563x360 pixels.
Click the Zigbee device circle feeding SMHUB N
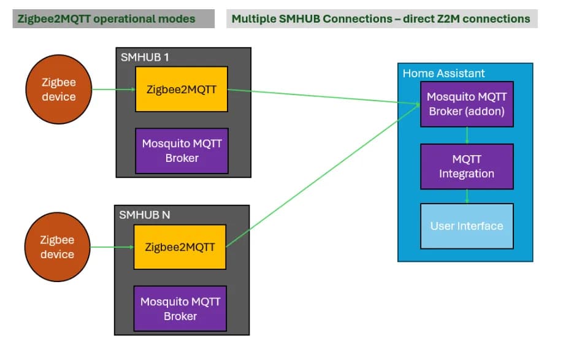[x=57, y=247]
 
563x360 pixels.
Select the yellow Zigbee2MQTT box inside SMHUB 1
[x=181, y=89]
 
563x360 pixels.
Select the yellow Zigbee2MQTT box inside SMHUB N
[x=180, y=247]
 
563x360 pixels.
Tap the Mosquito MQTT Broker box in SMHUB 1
[x=182, y=151]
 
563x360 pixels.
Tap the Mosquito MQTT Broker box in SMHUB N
[x=180, y=309]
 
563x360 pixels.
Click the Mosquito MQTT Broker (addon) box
[x=466, y=104]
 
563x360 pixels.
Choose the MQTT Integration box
[x=466, y=167]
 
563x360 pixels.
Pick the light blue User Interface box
[x=466, y=226]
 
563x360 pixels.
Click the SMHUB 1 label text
[x=145, y=57]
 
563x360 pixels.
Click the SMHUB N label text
[x=145, y=215]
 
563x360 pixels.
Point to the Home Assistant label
[x=443, y=74]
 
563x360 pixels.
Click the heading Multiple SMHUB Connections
[x=380, y=18]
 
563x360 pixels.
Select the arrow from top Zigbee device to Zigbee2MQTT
[x=113, y=90]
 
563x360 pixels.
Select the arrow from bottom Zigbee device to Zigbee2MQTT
[x=112, y=247]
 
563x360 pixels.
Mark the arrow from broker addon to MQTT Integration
[x=467, y=135]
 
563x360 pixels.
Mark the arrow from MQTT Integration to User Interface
[x=467, y=196]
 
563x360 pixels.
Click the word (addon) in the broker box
[x=486, y=112]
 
